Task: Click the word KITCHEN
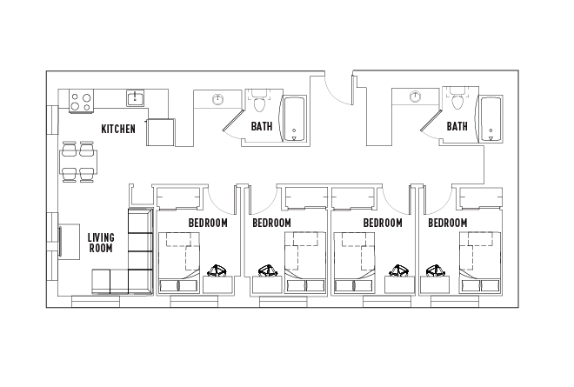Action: point(118,129)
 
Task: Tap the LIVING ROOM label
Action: point(102,242)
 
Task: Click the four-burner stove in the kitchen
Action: point(80,101)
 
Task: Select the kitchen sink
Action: point(135,98)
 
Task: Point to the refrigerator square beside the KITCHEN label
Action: point(161,132)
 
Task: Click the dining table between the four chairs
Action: point(78,162)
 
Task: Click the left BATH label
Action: point(262,127)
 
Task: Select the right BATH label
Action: point(457,127)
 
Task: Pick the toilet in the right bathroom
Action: point(457,103)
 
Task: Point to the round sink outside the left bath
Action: point(218,98)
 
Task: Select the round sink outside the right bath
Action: point(416,97)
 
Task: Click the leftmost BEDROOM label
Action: point(208,223)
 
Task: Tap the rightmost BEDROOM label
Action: point(447,223)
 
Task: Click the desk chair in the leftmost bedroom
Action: point(217,270)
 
